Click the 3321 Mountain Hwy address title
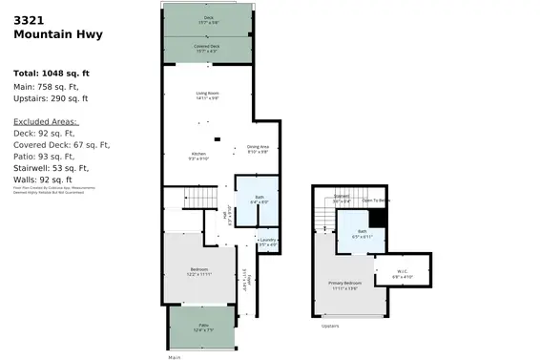point(57,28)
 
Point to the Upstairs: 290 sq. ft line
point(51,98)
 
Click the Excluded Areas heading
point(46,121)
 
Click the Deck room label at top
point(208,19)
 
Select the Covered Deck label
point(208,47)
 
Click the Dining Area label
point(258,148)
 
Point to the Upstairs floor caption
point(330,327)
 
